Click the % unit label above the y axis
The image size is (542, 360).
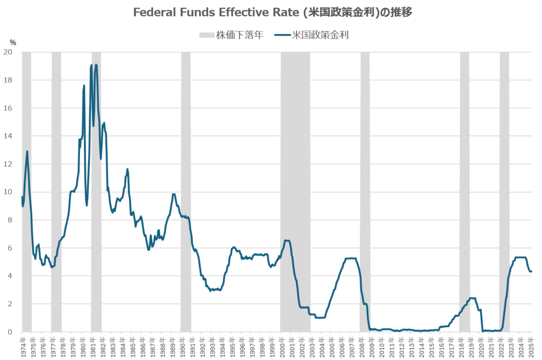pyautogui.click(x=13, y=42)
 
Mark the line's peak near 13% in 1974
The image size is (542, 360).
pyautogui.click(x=27, y=151)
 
